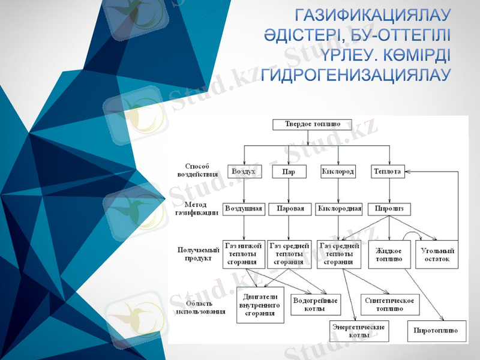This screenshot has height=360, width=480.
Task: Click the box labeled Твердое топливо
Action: (307, 124)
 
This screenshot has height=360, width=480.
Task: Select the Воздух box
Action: (244, 172)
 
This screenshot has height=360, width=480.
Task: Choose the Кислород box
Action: (338, 172)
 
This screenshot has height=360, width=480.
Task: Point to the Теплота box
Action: (388, 172)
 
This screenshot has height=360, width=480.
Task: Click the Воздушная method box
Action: (244, 209)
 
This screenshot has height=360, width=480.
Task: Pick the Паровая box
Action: (290, 209)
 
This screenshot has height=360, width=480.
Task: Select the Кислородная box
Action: (339, 209)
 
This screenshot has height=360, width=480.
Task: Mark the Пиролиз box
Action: (389, 209)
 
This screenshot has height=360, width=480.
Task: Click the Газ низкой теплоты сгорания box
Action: (244, 254)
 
